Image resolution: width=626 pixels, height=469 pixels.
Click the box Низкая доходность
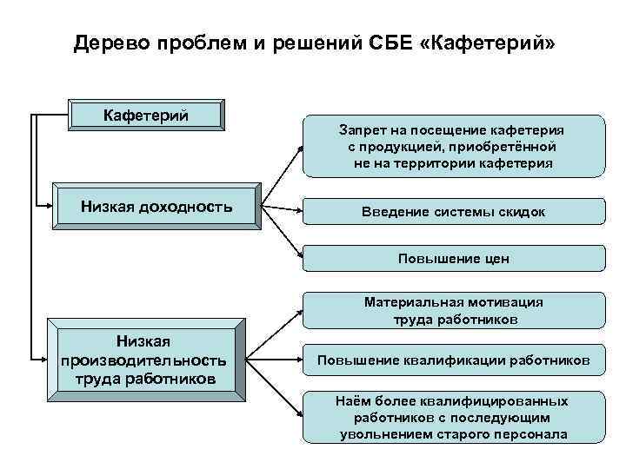coord(156,207)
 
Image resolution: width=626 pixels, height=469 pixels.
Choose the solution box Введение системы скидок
coord(452,211)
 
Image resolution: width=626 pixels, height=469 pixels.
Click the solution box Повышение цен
coord(452,259)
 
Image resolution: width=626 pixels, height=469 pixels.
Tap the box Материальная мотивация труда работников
coord(452,310)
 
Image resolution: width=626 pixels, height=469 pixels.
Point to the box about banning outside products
coord(452,146)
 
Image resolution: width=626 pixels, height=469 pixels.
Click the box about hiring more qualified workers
coord(452,417)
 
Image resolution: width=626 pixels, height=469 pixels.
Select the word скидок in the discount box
coord(521,211)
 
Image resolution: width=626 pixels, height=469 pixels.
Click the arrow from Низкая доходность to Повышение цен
coord(282,229)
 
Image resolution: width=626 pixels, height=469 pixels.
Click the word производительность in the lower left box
coord(144,359)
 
